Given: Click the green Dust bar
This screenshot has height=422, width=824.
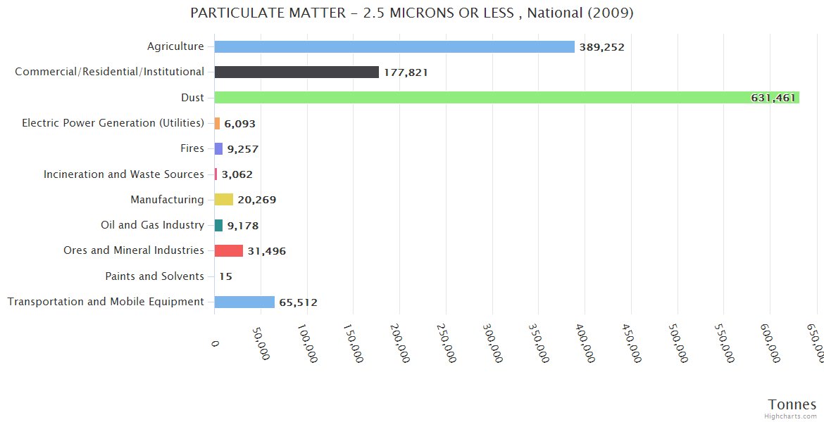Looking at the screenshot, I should click(506, 98).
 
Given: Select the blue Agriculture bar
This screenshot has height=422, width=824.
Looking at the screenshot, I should click(394, 46).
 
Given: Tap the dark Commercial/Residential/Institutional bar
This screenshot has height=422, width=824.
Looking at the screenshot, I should click(296, 72).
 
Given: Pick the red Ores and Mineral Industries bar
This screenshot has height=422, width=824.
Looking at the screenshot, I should click(229, 251).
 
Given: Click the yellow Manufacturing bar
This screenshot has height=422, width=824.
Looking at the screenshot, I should click(224, 200).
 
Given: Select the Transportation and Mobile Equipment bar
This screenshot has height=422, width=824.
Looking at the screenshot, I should click(244, 302).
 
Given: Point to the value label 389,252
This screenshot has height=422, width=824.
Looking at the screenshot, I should click(601, 47).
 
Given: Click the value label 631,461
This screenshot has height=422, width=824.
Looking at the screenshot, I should click(773, 98).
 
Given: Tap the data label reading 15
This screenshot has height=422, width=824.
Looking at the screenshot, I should click(225, 276).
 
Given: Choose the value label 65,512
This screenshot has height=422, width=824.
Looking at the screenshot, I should click(298, 302).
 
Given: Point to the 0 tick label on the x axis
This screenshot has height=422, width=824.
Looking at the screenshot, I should click(215, 343).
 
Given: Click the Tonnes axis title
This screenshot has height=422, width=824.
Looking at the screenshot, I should click(792, 404).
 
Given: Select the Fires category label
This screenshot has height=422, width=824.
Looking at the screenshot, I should click(192, 148).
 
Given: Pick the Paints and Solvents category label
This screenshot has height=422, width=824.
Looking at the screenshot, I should click(154, 276).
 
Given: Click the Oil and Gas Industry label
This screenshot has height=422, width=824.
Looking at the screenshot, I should click(152, 225).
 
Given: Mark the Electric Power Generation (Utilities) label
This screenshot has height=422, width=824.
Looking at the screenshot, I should click(113, 123).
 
